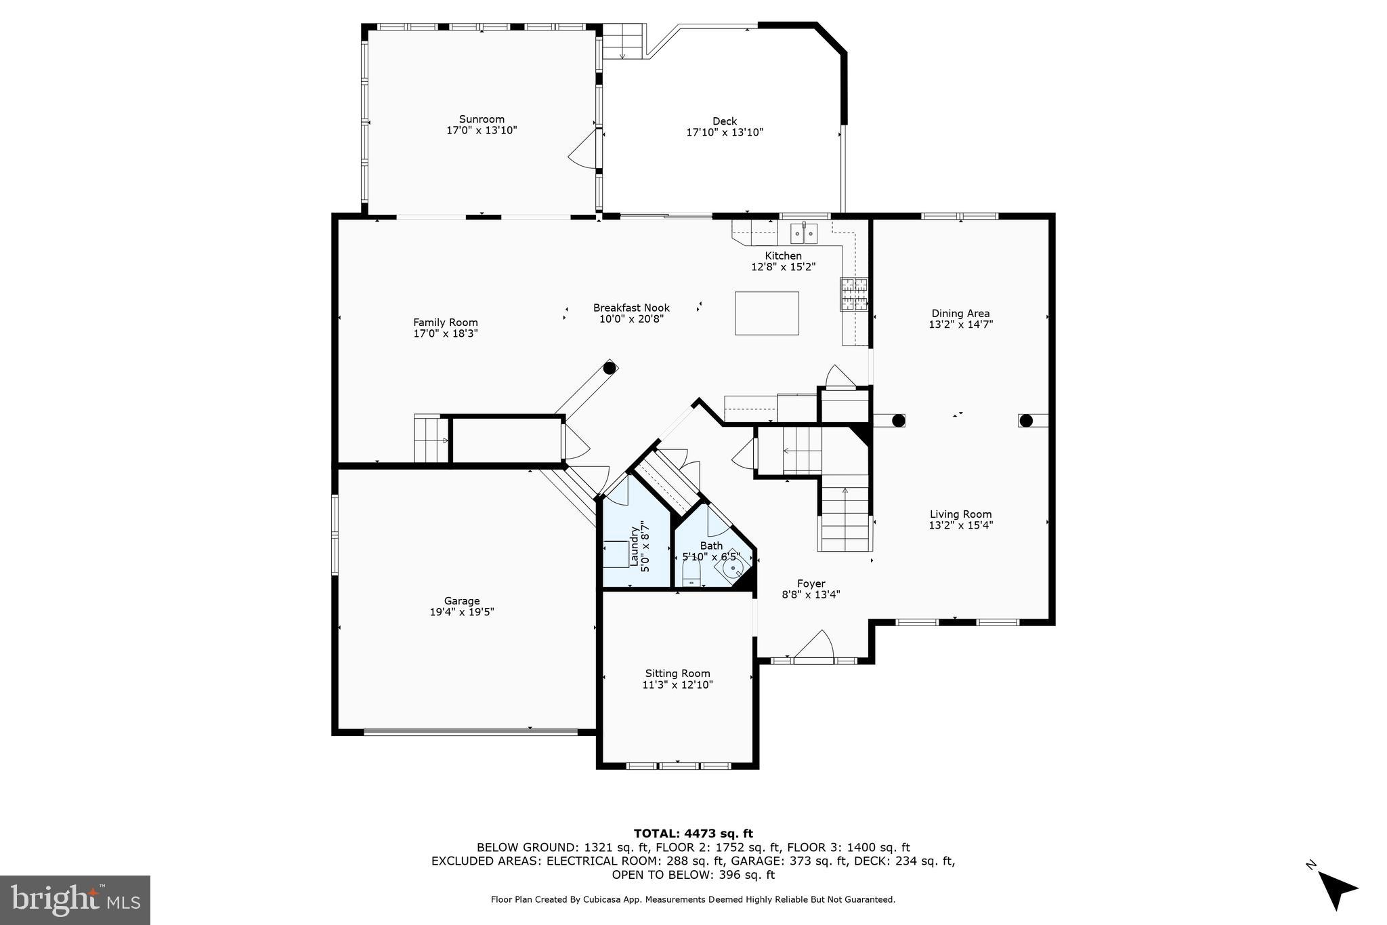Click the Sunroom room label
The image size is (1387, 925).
click(482, 119)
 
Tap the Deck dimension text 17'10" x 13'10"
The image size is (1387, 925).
click(725, 133)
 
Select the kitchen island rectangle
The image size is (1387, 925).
click(767, 313)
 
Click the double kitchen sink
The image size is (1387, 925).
click(804, 234)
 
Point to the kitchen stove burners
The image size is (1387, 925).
click(854, 294)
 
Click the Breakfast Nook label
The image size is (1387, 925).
click(631, 308)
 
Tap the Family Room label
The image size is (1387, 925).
click(446, 323)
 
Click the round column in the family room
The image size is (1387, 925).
click(610, 368)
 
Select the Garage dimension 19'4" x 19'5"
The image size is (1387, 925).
click(462, 612)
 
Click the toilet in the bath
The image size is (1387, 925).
click(691, 575)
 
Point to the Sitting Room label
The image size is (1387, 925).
click(677, 674)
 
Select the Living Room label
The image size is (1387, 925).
click(960, 514)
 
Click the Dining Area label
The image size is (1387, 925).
click(960, 314)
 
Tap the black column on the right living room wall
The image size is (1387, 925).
click(1026, 421)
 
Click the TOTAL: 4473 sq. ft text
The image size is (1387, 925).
click(693, 834)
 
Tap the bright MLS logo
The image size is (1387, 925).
click(75, 900)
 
